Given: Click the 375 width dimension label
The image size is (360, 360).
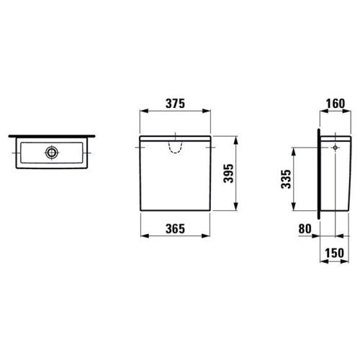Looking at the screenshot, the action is click(x=175, y=104).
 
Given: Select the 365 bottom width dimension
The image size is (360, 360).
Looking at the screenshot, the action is click(x=175, y=229).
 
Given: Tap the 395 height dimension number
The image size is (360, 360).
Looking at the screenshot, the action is click(x=228, y=174).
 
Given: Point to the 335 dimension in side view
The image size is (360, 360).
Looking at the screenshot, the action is click(x=286, y=179).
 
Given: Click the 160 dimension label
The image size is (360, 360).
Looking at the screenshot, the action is click(x=336, y=104).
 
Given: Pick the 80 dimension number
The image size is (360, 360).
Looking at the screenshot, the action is click(x=305, y=229).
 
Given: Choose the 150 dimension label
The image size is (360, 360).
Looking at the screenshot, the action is click(x=334, y=253).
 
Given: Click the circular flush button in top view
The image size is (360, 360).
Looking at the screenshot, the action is click(x=52, y=152).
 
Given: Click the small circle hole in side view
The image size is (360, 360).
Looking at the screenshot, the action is click(x=336, y=148).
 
